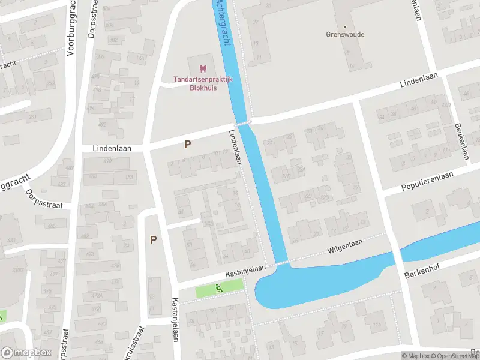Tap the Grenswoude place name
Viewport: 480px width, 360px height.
coord(345,35)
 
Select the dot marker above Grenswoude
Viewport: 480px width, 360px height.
coord(345,26)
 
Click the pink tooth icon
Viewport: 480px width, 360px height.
coord(202,70)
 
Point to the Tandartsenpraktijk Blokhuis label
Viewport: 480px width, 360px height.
coord(196,83)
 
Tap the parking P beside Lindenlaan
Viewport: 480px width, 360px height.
coord(188,145)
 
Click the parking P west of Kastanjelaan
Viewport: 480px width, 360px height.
coord(154,239)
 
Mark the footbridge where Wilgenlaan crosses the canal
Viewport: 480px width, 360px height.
coord(282,262)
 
